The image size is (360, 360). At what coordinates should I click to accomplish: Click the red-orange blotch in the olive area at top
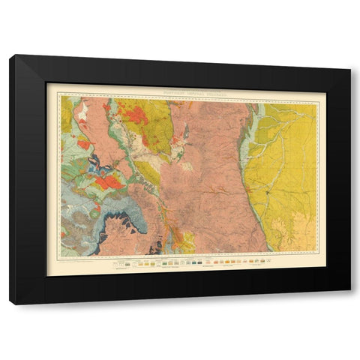pyautogui.click(x=136, y=115)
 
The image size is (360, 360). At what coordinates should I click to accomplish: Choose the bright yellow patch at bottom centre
pyautogui.click(x=187, y=240)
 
